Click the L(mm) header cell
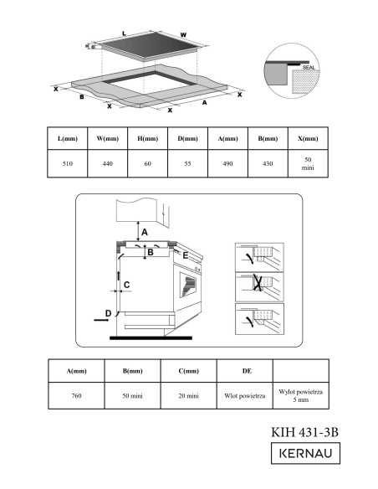pos(68,138)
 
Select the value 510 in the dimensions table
pos(68,164)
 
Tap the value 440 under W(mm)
pos(108,164)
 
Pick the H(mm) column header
pos(147,138)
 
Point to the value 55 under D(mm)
pos(187,164)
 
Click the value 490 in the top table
pos(228,164)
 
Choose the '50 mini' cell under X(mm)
pos(308,164)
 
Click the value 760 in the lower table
pos(76,396)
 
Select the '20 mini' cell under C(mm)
pos(189,396)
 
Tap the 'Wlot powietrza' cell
pos(245,396)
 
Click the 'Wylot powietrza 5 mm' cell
pos(301,395)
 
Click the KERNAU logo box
pos(305,453)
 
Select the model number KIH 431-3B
pos(305,432)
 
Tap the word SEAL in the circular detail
pos(309,67)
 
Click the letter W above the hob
pos(183,35)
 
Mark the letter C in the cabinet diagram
pos(127,285)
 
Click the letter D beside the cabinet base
pos(108,313)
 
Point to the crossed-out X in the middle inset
pos(258,282)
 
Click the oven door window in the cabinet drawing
pos(188,285)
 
